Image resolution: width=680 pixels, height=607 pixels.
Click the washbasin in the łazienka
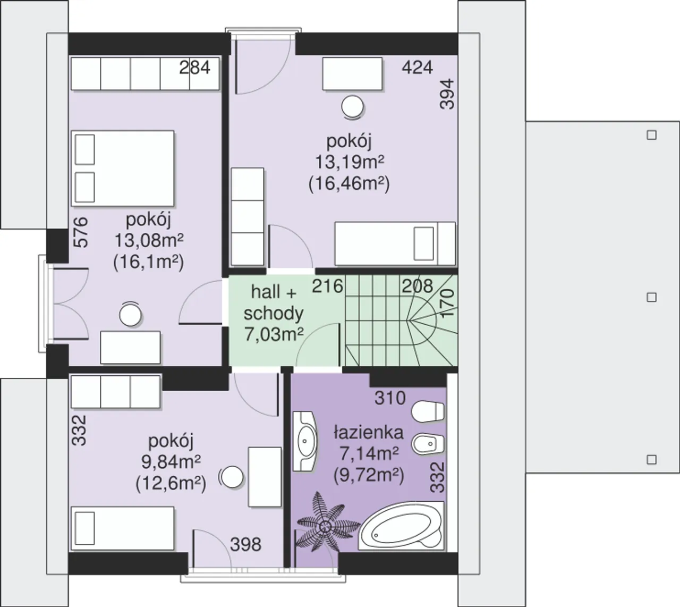click(x=304, y=441)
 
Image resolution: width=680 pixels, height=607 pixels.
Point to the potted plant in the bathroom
click(x=325, y=526)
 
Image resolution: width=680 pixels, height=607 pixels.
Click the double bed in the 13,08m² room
click(x=123, y=168)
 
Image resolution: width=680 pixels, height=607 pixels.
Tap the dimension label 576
click(x=81, y=232)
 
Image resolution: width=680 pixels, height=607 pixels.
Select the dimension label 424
click(x=417, y=68)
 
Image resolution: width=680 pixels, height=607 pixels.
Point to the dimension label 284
click(x=194, y=68)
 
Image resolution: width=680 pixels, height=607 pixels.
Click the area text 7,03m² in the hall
click(x=274, y=334)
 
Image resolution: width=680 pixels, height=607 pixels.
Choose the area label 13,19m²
click(x=350, y=162)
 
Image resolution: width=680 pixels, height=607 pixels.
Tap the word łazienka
click(x=369, y=432)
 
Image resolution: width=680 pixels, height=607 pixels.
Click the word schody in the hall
click(x=274, y=314)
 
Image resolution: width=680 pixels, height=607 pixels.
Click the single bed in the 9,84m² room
click(x=123, y=528)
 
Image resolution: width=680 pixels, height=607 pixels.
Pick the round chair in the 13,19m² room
click(x=352, y=107)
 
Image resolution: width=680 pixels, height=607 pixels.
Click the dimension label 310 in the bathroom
click(x=390, y=399)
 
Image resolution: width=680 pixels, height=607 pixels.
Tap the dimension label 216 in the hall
click(x=328, y=286)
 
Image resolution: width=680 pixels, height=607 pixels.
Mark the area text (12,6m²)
click(x=171, y=484)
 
